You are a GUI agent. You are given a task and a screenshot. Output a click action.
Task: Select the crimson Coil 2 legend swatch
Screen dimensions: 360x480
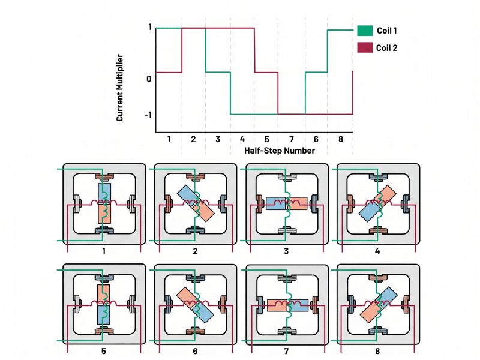(x=364, y=48)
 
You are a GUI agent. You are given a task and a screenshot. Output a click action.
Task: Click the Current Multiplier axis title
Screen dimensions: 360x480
(x=120, y=88)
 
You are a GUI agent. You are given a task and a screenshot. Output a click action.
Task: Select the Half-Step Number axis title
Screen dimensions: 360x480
(x=280, y=151)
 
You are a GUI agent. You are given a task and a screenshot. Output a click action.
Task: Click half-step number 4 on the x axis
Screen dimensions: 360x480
(x=242, y=139)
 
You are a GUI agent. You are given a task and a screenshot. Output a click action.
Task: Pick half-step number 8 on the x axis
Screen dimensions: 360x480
(x=341, y=139)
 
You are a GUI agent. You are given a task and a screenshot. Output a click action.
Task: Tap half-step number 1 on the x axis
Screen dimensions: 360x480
(x=169, y=139)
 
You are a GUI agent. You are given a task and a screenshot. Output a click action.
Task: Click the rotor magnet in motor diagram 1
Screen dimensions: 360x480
(x=104, y=204)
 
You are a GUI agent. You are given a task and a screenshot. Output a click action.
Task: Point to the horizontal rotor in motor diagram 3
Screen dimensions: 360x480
(x=287, y=203)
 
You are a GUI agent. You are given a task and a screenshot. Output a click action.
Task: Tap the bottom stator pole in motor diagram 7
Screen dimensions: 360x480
(x=287, y=332)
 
